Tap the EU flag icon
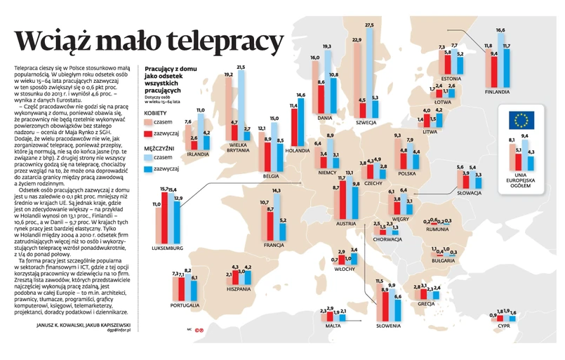(521, 121)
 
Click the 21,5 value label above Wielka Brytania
(241, 67)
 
